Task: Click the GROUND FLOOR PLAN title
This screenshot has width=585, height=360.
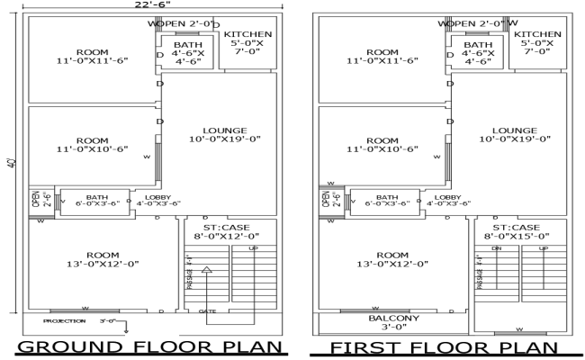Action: click(x=149, y=347)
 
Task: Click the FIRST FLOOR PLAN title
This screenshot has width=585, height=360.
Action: click(x=442, y=347)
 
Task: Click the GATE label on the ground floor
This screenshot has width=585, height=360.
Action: click(x=208, y=311)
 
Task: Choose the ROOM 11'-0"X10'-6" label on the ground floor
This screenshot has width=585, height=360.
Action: click(x=93, y=145)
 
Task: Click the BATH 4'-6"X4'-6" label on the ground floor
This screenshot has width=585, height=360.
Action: click(x=188, y=53)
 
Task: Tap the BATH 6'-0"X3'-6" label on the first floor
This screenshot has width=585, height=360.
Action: click(x=387, y=200)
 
